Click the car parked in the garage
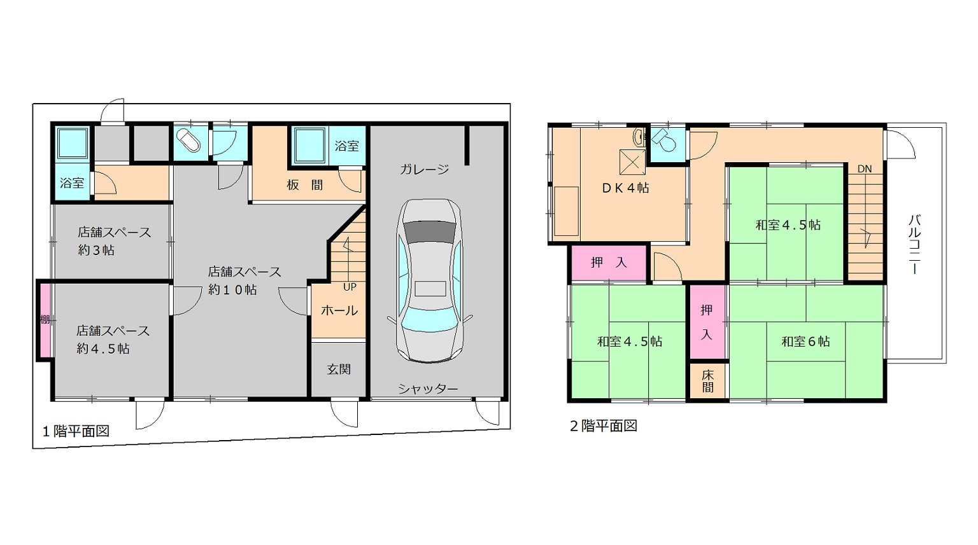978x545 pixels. click(430, 281)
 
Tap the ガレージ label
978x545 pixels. click(425, 169)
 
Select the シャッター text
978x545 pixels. click(428, 389)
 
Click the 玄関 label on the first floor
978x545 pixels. click(339, 369)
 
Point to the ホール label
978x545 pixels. click(339, 310)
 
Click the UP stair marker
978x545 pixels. click(350, 287)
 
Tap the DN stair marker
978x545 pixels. click(865, 169)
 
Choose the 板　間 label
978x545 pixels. click(305, 185)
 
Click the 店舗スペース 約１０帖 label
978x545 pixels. click(244, 281)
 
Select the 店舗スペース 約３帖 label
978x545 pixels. click(115, 241)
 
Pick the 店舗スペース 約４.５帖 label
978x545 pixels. click(113, 340)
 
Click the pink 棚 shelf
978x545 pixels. click(45, 320)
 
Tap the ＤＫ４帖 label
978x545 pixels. click(625, 188)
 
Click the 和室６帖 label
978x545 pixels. click(805, 341)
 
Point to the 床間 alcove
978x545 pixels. click(708, 381)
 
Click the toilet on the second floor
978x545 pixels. click(663, 139)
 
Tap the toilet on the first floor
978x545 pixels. click(188, 141)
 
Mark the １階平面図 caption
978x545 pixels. click(76, 431)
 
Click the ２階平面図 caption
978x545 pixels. click(604, 426)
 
